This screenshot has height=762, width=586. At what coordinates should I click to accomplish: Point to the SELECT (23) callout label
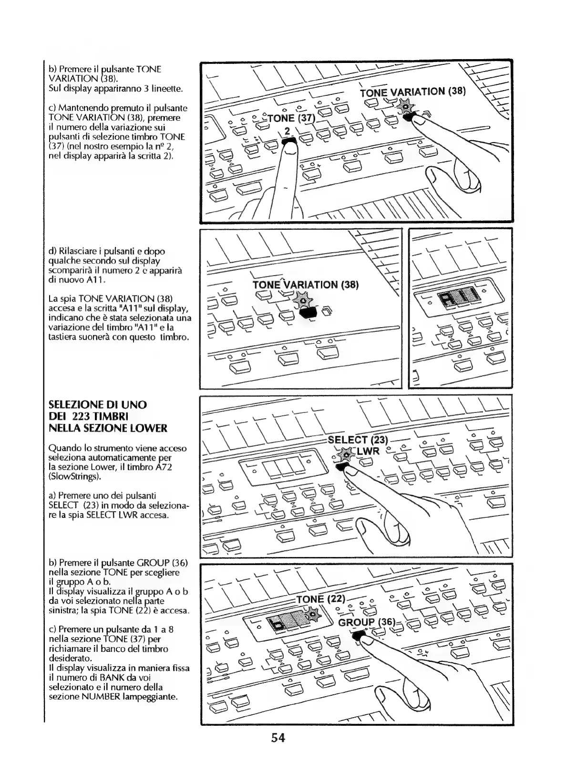pos(359,440)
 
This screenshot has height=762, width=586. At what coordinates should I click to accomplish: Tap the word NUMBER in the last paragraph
pos(97,697)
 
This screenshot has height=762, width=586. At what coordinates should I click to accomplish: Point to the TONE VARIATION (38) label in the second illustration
pos(305,285)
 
